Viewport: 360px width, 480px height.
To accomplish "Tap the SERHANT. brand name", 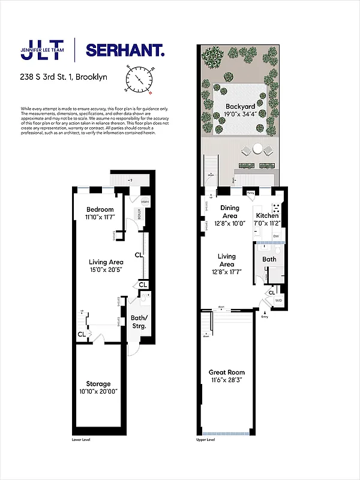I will point(125,50).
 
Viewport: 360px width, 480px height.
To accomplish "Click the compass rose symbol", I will point(139,79).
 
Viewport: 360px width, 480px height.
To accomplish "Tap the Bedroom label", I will point(100,209).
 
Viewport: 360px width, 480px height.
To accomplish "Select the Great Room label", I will point(226,372).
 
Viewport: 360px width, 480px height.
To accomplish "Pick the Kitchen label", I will point(267,215).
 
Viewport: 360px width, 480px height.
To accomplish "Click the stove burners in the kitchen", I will point(277,209).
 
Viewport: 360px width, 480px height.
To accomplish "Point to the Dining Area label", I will point(230,212).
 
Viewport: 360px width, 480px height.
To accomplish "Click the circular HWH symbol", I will point(145,203).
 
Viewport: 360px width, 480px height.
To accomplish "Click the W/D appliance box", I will point(278,299).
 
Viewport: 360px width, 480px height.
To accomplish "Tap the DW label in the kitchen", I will point(275,237).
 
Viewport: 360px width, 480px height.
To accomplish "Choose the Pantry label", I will point(250,193).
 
